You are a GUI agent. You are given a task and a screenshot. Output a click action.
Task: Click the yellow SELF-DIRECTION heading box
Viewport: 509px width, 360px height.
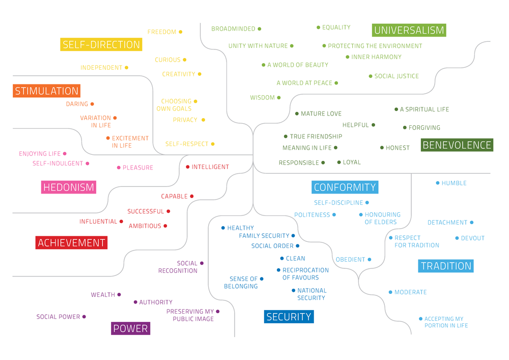[101, 45]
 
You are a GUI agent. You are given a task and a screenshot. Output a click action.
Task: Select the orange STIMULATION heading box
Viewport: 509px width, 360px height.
[46, 91]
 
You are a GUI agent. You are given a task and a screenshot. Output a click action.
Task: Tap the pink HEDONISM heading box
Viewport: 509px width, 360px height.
[69, 187]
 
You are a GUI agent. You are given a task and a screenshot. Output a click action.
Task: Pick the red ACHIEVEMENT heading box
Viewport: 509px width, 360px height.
[71, 243]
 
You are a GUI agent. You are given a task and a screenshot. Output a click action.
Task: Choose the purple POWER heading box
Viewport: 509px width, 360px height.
[131, 328]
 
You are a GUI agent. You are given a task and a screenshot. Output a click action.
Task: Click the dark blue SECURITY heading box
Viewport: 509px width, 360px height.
[289, 317]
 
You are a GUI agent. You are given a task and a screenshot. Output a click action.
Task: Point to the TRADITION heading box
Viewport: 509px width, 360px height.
[446, 266]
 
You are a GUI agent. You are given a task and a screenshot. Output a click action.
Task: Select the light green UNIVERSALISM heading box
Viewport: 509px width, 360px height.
[409, 30]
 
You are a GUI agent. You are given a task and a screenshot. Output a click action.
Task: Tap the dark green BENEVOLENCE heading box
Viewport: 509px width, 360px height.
[457, 145]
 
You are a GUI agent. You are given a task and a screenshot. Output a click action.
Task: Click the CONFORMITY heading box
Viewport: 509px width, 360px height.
[345, 187]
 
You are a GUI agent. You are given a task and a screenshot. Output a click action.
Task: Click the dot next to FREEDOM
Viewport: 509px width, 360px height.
[181, 32]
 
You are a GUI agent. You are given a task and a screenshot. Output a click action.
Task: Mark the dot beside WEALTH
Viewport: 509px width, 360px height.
[119, 295]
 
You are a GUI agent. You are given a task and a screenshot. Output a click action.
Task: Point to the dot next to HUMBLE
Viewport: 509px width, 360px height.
[437, 183]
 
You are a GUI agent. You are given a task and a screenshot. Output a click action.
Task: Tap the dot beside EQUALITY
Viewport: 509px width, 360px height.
[318, 27]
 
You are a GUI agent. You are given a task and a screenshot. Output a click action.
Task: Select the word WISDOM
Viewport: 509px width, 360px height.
[262, 98]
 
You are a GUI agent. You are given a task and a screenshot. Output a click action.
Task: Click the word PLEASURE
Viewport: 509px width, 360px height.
[138, 168]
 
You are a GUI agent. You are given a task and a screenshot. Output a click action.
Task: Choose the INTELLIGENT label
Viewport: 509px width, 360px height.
[210, 167]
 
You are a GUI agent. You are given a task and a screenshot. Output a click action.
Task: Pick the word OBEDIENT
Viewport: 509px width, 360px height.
[350, 260]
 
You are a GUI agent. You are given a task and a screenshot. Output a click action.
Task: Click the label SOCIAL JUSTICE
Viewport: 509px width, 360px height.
[397, 76]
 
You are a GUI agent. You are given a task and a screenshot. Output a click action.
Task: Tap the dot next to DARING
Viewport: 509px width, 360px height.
[92, 104]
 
